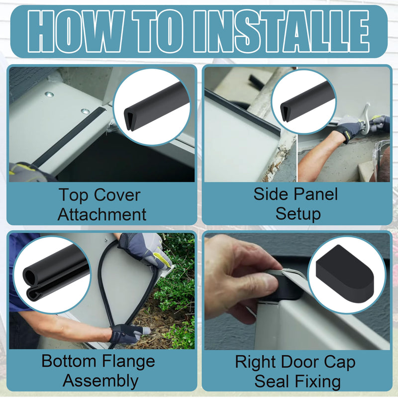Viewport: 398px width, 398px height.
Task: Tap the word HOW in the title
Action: tap(75, 31)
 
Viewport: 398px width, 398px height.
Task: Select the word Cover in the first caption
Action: tap(117, 195)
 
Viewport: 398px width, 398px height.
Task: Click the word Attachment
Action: tap(102, 214)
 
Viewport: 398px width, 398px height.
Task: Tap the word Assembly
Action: tap(100, 382)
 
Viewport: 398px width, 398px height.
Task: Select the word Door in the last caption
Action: tap(299, 362)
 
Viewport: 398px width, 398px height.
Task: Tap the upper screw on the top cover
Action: tap(49, 95)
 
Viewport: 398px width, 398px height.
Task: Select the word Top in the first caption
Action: tap(74, 196)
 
